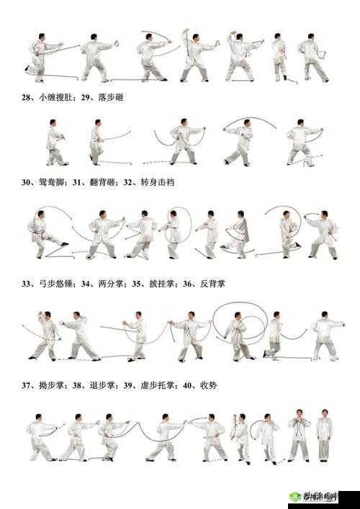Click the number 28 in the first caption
[26, 96]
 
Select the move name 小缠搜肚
[55, 96]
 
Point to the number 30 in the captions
[26, 183]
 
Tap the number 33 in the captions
[26, 284]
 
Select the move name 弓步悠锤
[55, 284]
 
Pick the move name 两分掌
[105, 284]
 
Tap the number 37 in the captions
[26, 385]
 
